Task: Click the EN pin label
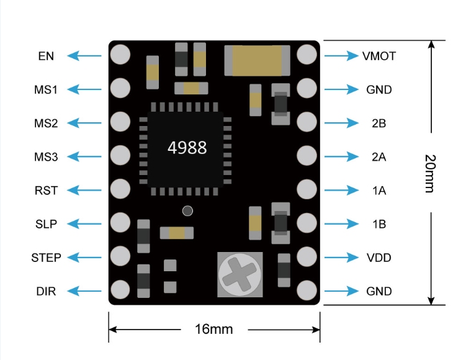[46, 56]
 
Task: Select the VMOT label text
[379, 56]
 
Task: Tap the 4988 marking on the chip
[187, 148]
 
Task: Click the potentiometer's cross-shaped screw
[240, 274]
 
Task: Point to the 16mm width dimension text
[213, 329]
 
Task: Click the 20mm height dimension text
[430, 173]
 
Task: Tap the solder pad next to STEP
[120, 256]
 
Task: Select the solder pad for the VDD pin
[307, 256]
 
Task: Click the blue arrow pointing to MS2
[84, 123]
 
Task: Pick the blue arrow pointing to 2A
[341, 156]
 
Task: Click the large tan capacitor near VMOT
[257, 61]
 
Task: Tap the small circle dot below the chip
[187, 211]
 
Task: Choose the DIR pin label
[46, 291]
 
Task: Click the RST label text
[46, 191]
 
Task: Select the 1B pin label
[379, 224]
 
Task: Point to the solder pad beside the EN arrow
[120, 55]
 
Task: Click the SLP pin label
[46, 224]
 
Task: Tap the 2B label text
[379, 123]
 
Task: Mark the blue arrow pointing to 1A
[341, 190]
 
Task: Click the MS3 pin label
[46, 156]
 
